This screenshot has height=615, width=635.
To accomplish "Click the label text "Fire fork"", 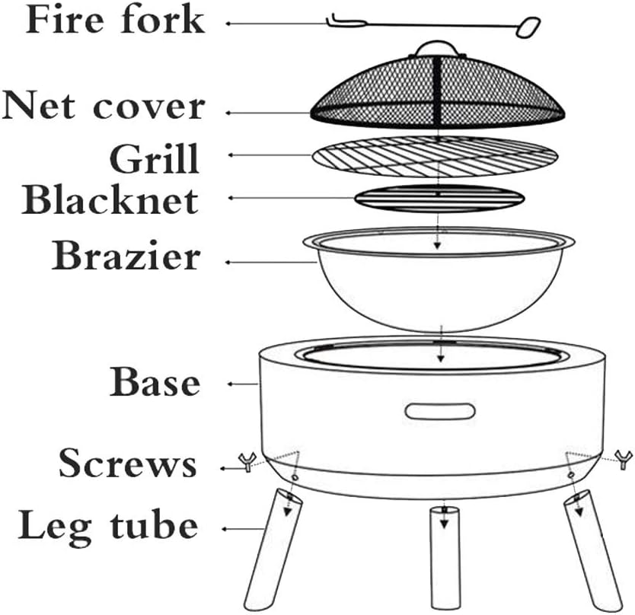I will pos(115,21).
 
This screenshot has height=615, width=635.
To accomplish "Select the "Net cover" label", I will pos(104,107).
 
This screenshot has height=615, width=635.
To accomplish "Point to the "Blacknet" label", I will pos(111,199).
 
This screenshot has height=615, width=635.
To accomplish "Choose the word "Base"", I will pos(155,382).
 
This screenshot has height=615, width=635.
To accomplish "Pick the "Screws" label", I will pos(128,462).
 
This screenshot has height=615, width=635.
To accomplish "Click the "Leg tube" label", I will pos(108,525).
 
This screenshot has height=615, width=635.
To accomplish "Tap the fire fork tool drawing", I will pos(434,25).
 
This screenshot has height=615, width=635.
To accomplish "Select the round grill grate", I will pos(439,158).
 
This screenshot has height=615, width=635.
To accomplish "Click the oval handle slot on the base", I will pos(439,412).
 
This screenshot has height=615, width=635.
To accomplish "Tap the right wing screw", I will pos(622,457).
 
